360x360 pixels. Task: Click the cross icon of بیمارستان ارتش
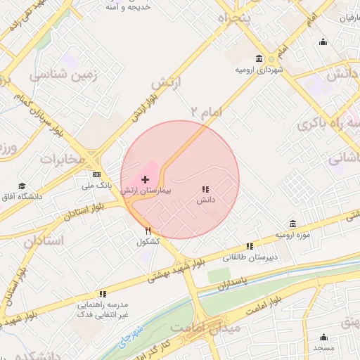coord(145,180)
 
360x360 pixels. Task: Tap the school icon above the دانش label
coord(205,189)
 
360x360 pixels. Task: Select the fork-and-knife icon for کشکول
coord(148,230)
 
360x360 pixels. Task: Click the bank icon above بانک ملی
coord(96,174)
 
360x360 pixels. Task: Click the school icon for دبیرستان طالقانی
coord(249,246)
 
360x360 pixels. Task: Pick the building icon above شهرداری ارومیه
coord(259,59)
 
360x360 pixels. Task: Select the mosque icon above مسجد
coord(323,337)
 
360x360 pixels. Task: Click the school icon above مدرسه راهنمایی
coord(103,294)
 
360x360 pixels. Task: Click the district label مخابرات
coord(62,158)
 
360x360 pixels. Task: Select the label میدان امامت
coord(214,328)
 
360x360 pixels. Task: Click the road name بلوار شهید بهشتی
coord(177,269)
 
